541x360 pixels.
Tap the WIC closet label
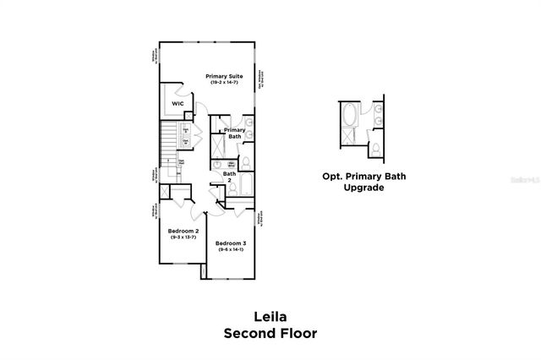178,103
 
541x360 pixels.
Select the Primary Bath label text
234,133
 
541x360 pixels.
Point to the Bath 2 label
228,177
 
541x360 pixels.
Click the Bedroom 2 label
183,231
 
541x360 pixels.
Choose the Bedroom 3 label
232,243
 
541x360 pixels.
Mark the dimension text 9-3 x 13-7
183,237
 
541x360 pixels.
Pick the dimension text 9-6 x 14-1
232,250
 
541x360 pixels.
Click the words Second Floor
270,333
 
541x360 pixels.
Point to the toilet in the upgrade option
373,150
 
